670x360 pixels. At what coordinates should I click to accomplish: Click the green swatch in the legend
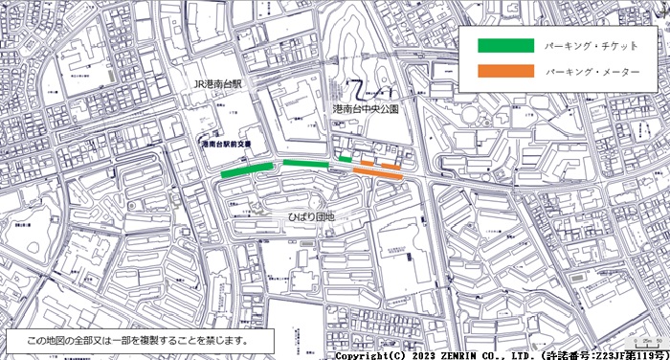[506, 45]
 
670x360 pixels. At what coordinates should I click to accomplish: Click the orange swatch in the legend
[506, 72]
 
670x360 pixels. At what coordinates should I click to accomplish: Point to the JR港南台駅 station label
[221, 85]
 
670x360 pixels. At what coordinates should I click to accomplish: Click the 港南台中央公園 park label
[366, 110]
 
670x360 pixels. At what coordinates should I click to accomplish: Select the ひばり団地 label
[311, 217]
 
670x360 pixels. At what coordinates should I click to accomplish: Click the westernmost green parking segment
[246, 170]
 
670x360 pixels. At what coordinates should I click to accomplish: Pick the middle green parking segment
[306, 164]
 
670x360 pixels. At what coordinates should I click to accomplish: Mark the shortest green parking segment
[346, 159]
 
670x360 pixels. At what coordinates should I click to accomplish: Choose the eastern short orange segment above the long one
[391, 165]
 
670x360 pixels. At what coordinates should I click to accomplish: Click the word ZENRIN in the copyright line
[465, 354]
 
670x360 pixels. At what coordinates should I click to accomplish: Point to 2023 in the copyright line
[426, 354]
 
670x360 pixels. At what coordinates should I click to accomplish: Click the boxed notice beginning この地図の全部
[140, 341]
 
